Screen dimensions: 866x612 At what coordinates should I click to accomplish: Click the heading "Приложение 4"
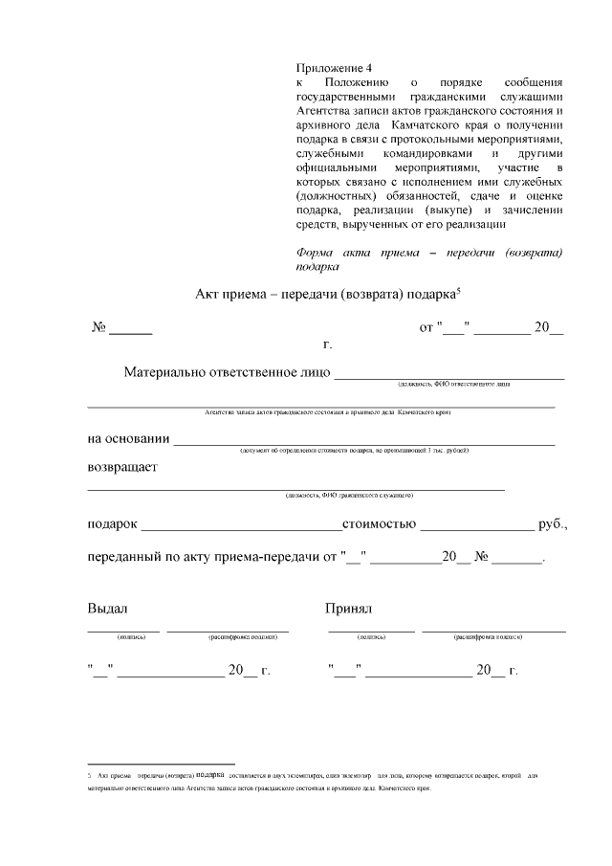pos(334,67)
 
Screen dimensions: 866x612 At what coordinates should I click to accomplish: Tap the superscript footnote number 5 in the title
pos(460,289)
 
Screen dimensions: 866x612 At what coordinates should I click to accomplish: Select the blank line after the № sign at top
pos(131,331)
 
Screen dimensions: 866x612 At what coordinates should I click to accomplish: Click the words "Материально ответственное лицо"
pos(227,372)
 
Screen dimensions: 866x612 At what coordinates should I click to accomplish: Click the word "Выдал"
pos(107,609)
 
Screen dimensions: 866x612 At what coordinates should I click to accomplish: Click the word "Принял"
pos(348,609)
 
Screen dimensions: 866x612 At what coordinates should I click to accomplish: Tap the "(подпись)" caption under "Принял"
pos(371,636)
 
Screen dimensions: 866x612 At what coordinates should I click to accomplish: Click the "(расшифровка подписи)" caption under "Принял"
pos(493,636)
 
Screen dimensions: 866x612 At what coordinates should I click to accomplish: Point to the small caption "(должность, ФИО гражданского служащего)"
pos(348,496)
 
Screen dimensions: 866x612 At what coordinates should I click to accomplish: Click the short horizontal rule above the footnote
pos(161,764)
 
